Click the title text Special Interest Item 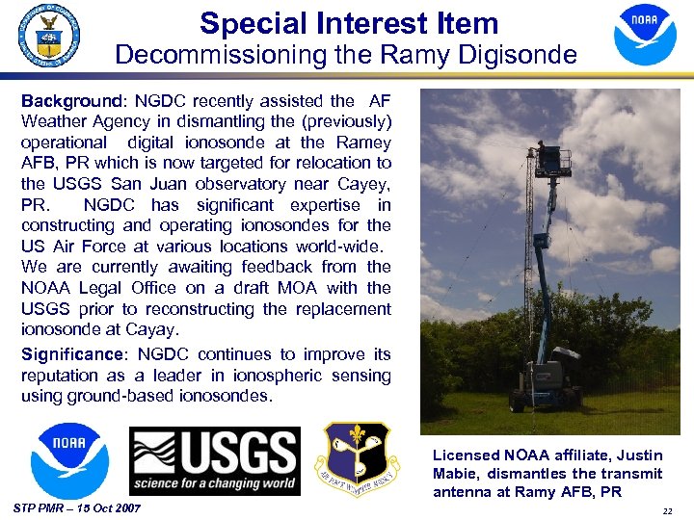[348, 23]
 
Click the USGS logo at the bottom [214, 460]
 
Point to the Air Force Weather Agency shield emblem [356, 458]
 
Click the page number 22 [666, 509]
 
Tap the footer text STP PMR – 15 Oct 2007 [78, 507]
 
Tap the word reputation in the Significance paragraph [60, 376]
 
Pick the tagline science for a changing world [214, 483]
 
